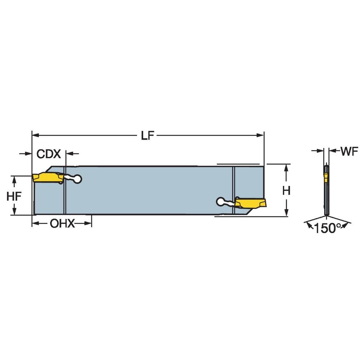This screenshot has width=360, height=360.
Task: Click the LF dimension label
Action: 147,136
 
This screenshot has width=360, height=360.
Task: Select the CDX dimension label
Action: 49,154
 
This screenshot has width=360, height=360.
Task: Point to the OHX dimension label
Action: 62,223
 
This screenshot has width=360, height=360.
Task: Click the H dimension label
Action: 286,191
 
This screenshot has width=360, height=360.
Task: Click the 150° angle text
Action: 328,228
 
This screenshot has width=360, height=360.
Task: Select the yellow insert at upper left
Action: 46,177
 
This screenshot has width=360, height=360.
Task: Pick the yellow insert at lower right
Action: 251,204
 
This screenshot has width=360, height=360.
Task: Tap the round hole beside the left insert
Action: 77,180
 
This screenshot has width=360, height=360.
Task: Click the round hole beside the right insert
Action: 220,201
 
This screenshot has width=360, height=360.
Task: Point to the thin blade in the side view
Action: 326,198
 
